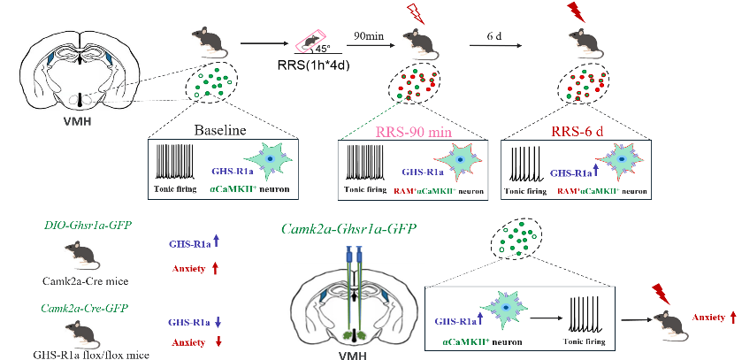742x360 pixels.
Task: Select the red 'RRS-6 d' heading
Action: tap(575, 130)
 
